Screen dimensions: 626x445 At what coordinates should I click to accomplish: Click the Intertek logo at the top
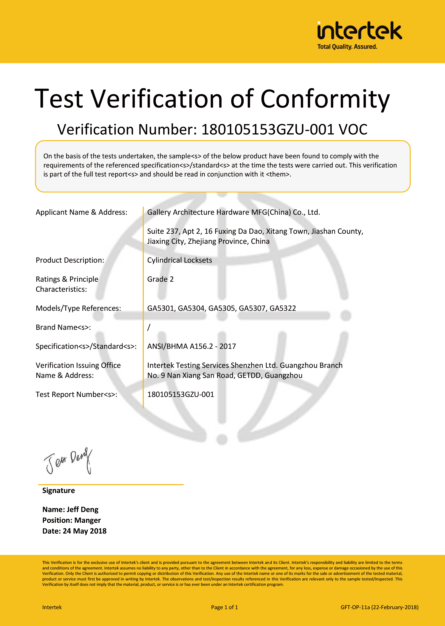click(x=359, y=31)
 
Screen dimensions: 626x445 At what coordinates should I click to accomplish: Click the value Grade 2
click(x=160, y=279)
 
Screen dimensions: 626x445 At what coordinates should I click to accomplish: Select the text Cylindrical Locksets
click(x=180, y=260)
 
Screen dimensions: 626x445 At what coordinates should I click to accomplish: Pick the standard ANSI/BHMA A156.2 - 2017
click(x=191, y=346)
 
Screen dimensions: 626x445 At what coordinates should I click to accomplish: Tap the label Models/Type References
click(x=78, y=308)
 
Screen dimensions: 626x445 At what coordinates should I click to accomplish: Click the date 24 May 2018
click(x=84, y=531)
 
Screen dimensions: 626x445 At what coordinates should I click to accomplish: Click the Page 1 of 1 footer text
click(x=224, y=607)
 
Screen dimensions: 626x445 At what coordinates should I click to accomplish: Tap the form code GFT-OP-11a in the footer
click(x=355, y=607)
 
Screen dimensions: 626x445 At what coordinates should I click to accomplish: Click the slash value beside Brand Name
click(x=149, y=327)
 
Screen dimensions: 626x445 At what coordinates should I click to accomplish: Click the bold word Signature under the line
click(x=58, y=490)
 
